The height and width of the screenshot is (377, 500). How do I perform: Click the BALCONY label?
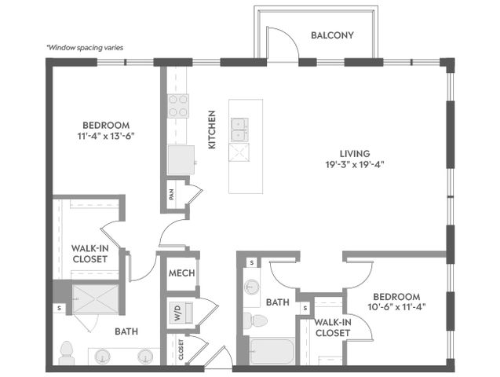[332, 35]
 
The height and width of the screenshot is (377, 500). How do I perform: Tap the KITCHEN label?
[212, 130]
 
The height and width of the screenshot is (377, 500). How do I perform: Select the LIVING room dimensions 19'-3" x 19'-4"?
[354, 165]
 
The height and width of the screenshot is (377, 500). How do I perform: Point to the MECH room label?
[182, 273]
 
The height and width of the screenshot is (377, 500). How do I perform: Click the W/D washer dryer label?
[177, 313]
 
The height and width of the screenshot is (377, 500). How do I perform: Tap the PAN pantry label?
[172, 195]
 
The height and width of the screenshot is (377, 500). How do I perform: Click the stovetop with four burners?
[178, 106]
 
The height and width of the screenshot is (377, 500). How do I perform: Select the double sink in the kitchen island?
[240, 130]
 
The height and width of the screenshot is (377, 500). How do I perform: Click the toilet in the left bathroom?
[67, 353]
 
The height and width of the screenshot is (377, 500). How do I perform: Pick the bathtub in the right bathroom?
[272, 351]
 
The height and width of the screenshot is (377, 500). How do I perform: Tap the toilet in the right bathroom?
[255, 320]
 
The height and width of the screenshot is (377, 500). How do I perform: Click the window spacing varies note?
[85, 48]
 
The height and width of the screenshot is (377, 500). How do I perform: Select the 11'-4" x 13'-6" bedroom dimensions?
[106, 136]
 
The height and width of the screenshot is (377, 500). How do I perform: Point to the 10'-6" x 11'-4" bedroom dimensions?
[396, 307]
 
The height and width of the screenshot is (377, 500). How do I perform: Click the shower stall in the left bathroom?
[96, 299]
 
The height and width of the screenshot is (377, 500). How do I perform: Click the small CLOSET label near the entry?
[181, 350]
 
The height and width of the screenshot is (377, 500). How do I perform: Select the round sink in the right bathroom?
[252, 287]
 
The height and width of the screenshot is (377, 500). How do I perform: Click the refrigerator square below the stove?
[181, 159]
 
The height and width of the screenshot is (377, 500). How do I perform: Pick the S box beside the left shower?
[59, 309]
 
